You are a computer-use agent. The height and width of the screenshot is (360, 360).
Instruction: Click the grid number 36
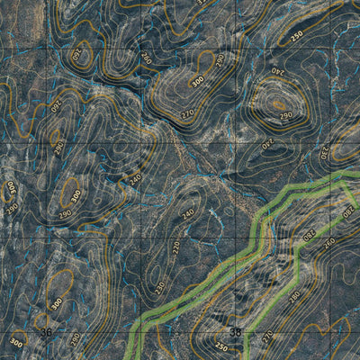(48, 332)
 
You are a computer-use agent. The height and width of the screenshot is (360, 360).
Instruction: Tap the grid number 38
(235, 332)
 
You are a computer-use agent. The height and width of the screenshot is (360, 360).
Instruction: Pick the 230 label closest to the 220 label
(159, 286)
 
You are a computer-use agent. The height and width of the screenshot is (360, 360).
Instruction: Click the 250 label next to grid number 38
(220, 346)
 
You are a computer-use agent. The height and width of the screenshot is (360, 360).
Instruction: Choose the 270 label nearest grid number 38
(266, 337)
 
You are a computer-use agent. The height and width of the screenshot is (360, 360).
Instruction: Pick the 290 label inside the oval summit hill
(285, 117)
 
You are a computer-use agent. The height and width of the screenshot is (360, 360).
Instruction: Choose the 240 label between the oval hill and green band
(267, 141)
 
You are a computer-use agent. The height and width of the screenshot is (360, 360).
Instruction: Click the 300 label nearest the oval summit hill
(196, 81)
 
